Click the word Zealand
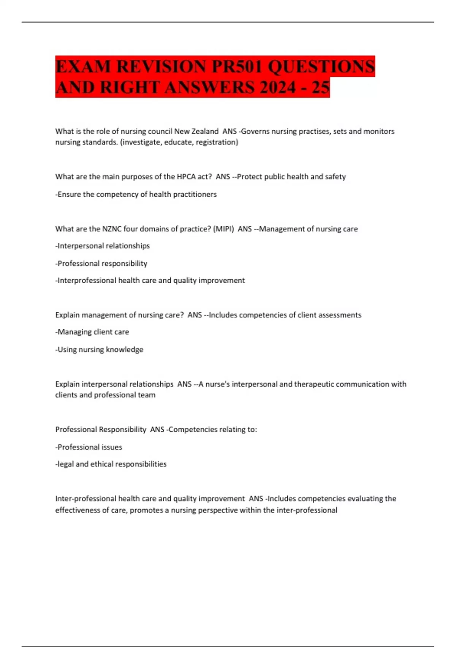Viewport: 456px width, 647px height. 205,131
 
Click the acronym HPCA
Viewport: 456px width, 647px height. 187,177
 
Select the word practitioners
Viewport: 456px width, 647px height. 195,194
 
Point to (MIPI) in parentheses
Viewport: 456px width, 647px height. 223,229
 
